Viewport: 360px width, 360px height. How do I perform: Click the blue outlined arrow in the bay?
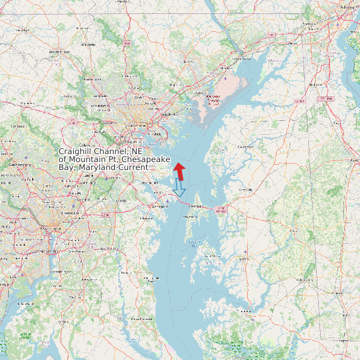coord(179,188)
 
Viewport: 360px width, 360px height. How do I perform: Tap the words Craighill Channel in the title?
coord(100,151)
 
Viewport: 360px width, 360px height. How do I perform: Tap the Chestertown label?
coord(246,145)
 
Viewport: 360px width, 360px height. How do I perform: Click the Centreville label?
coord(246,189)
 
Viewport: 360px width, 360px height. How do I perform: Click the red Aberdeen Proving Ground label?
coord(213,100)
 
